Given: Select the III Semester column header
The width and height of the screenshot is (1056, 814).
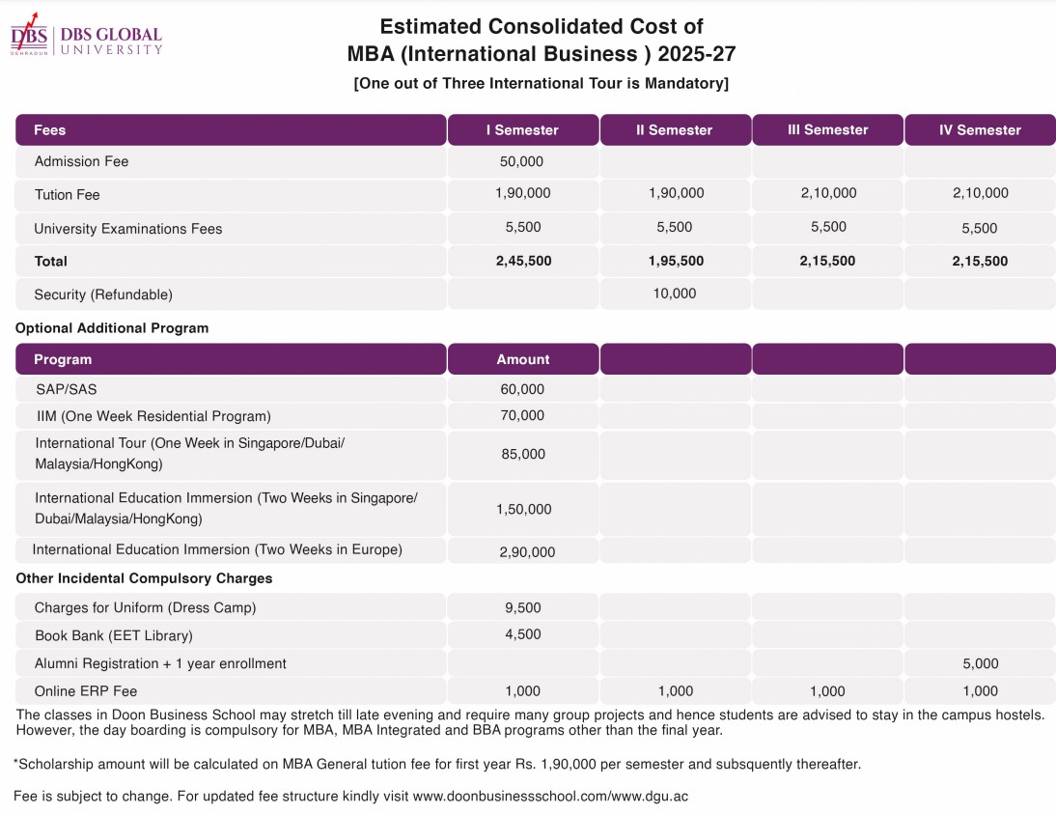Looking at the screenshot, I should [x=827, y=129].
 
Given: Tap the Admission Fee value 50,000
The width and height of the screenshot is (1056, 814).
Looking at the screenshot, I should [x=522, y=161].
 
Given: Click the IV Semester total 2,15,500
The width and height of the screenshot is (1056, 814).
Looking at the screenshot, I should [x=980, y=261].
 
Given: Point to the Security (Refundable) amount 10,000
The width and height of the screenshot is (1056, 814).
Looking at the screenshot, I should [x=675, y=294].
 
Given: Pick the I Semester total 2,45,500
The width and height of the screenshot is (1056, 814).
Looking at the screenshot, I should [x=522, y=261].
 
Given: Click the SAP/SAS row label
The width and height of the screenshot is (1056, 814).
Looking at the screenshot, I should [x=66, y=389].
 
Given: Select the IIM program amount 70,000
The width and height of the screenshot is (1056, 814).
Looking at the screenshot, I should [x=522, y=416].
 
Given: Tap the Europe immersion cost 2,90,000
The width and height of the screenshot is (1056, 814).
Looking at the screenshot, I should [x=527, y=552].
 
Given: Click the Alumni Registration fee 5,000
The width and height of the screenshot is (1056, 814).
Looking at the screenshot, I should [x=980, y=663].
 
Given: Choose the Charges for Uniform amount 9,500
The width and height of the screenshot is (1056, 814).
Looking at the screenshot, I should [x=522, y=608].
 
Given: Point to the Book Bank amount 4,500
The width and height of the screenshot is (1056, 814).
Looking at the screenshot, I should [x=522, y=634].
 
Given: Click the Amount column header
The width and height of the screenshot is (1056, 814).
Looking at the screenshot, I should [x=522, y=359].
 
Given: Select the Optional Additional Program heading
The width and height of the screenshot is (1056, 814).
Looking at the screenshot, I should [x=112, y=328].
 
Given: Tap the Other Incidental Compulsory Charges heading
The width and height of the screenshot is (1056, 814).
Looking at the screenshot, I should [x=144, y=578].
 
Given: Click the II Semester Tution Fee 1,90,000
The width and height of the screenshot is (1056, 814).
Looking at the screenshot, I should [x=676, y=193].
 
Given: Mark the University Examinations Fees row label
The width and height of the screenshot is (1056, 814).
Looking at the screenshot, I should [x=127, y=229].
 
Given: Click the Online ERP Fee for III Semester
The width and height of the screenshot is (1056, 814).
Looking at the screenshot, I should [x=827, y=691].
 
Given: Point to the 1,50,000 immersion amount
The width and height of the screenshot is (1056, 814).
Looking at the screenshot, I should [x=523, y=509].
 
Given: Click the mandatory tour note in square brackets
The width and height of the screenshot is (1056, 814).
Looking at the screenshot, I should [x=541, y=83].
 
